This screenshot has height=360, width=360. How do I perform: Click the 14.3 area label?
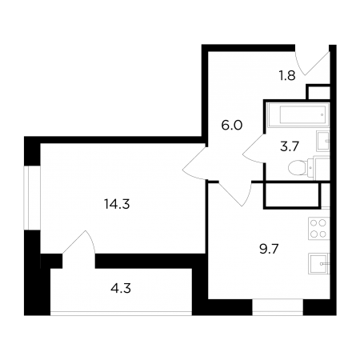click(x=117, y=205)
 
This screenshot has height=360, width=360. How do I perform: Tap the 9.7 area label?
click(x=269, y=250)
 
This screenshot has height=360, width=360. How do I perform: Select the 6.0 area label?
click(x=232, y=125)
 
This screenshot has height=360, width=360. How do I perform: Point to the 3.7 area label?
click(x=290, y=146)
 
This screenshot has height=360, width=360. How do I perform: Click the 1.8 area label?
click(x=287, y=76)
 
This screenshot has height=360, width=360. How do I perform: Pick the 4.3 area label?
click(x=121, y=288)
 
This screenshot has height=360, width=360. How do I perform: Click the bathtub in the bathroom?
click(x=298, y=114)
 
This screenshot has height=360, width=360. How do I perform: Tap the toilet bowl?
click(x=298, y=167)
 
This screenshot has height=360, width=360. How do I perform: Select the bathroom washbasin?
click(x=323, y=141)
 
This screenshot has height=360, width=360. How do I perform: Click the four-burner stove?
click(x=319, y=228)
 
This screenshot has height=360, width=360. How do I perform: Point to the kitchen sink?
click(x=319, y=263)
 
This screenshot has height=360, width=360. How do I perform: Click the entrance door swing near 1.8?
click(x=313, y=62)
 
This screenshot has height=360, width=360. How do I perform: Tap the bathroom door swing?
click(x=254, y=148)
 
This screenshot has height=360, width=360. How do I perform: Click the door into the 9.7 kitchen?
click(x=236, y=194)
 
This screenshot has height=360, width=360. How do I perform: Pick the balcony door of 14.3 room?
click(x=79, y=242)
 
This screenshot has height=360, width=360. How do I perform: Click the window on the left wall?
click(x=32, y=198)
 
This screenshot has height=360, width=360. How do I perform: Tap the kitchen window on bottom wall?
click(x=278, y=307)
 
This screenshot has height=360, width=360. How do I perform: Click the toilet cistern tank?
click(x=311, y=167)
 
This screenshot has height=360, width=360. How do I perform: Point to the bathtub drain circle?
click(x=322, y=114)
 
